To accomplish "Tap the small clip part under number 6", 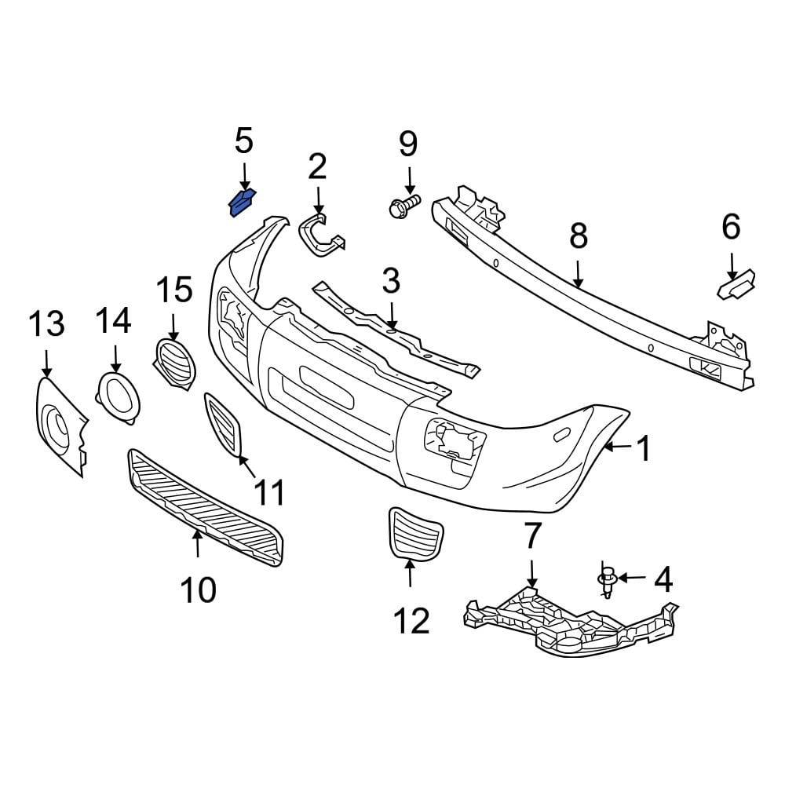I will click(736, 283).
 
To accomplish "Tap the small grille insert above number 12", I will click(414, 534).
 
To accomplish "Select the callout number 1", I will click(644, 450).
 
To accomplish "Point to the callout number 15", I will click(173, 290).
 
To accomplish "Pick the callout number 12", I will click(411, 621).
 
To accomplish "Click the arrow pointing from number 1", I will click(617, 448).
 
